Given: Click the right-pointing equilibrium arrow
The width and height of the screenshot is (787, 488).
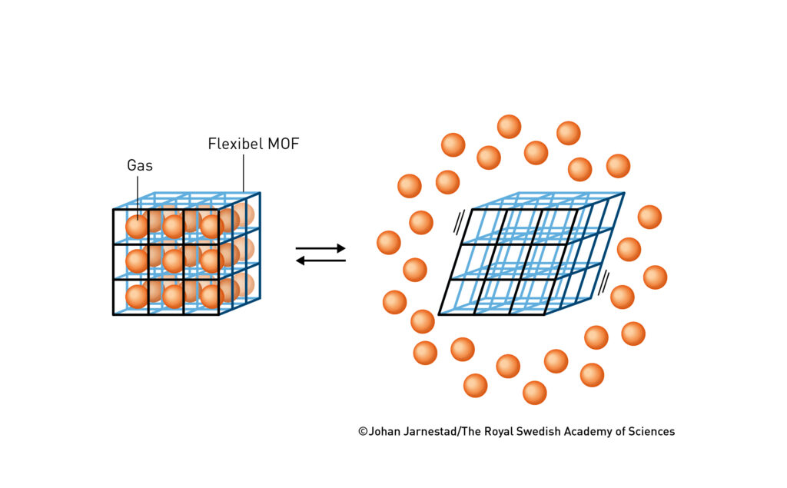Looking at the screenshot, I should (320, 248).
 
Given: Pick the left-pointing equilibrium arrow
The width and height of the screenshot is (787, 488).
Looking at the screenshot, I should (320, 261).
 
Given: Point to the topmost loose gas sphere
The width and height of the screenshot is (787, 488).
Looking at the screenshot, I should (509, 126).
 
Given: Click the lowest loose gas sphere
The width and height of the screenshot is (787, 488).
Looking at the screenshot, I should (534, 392).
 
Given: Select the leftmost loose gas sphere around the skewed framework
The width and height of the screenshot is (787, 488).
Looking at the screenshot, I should (389, 243).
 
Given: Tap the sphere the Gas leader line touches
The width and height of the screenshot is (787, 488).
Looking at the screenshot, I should (138, 227).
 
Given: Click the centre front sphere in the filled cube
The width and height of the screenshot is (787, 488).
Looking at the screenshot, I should (174, 261).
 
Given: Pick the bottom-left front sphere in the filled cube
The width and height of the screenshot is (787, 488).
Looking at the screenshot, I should (138, 296).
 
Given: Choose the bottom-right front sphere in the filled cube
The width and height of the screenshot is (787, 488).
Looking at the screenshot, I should (211, 296).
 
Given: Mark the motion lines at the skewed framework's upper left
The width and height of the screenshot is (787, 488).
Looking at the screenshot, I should (460, 222).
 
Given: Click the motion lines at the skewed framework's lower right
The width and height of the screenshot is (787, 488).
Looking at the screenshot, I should (604, 281).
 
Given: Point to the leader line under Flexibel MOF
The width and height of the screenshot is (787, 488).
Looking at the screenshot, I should (244, 171).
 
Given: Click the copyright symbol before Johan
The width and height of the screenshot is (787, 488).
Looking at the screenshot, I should (363, 432).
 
